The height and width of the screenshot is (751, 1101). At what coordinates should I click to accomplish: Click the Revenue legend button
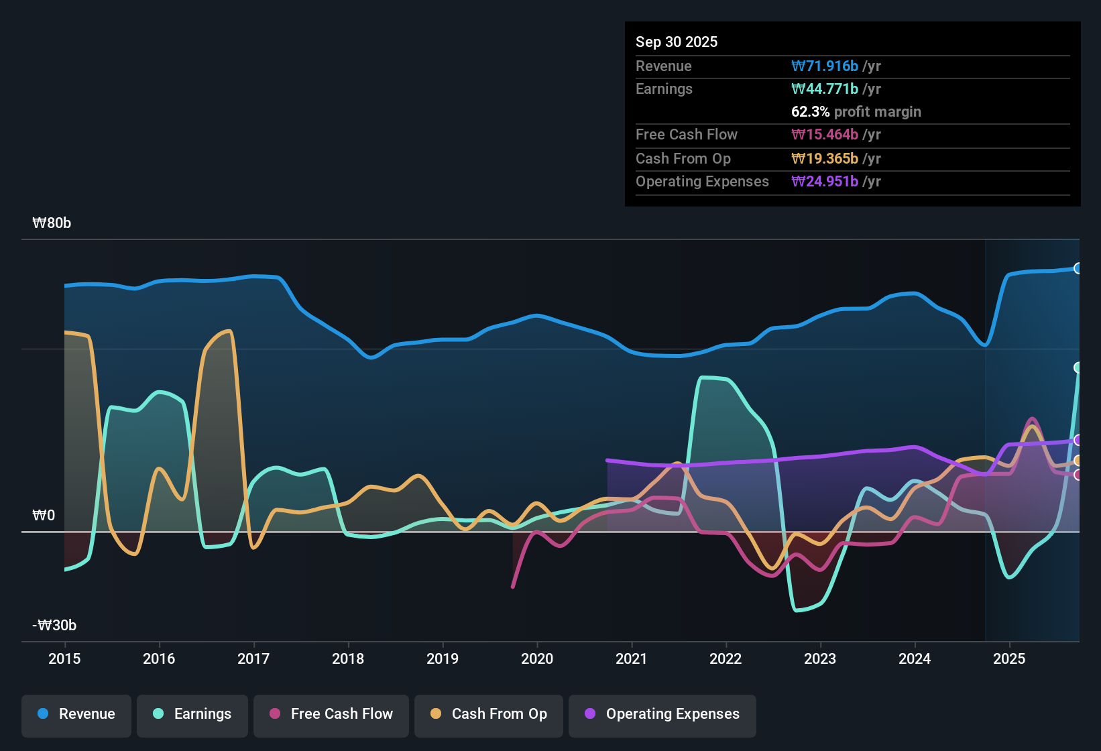76,714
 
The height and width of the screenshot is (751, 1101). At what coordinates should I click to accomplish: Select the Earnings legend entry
192,714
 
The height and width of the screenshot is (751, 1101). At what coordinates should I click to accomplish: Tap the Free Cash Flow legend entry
331,714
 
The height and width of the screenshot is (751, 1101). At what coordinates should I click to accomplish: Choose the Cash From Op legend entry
489,714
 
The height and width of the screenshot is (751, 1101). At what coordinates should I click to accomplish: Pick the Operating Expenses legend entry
662,714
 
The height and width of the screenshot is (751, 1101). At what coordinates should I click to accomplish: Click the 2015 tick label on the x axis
64,658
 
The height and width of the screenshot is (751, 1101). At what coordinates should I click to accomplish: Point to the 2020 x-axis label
537,658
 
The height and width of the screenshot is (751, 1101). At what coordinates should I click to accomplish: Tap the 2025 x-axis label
1009,658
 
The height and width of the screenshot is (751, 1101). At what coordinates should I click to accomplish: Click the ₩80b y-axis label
52,223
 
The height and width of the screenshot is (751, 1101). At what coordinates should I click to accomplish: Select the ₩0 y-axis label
44,516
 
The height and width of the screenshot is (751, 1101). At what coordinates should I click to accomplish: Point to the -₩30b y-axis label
54,626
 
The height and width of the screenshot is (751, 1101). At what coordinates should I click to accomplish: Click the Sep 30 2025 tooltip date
677,42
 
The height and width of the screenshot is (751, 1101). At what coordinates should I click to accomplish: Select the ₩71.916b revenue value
825,66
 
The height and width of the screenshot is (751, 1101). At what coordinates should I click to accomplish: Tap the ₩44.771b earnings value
825,89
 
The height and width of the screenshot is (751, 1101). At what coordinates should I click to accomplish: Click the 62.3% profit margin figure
811,112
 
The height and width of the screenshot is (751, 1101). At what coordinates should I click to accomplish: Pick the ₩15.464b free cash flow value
825,135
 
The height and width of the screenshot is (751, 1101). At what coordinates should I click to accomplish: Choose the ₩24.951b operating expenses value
825,182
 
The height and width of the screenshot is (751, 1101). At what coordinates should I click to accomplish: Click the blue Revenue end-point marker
1078,268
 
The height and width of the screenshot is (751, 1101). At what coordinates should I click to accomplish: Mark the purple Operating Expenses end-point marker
1078,440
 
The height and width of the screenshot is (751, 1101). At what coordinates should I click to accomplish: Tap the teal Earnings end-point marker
1078,367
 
